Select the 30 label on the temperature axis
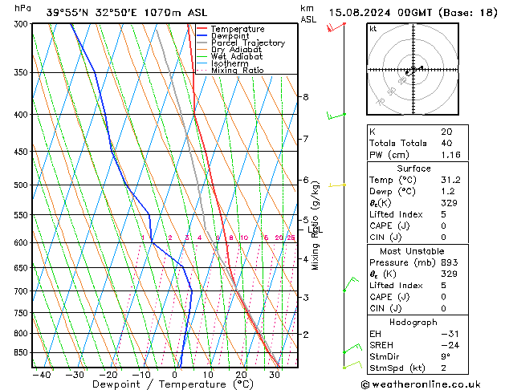(274, 374)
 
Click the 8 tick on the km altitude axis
(305, 97)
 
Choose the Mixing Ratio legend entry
(238, 71)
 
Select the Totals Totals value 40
(446, 143)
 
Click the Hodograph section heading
(413, 321)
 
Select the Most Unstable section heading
(413, 250)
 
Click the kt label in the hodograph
(373, 29)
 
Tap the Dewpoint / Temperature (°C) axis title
(145, 384)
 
